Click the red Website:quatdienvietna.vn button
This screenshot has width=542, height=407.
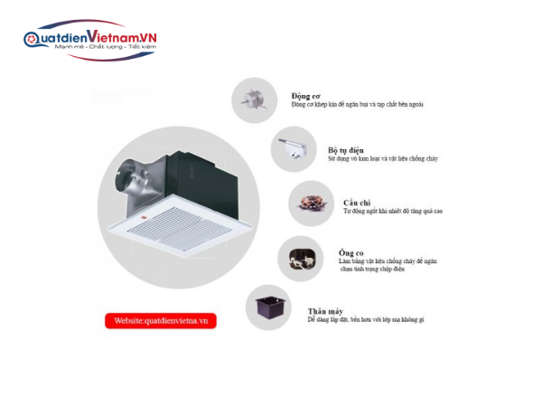pos(161,320)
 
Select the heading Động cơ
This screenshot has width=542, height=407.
pos(305,95)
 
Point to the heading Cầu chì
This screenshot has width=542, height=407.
pos(332,202)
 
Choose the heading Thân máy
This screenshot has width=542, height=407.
pos(324,310)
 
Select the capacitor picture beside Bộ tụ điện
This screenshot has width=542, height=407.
pos(292,150)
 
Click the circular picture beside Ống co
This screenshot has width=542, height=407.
pos(300,258)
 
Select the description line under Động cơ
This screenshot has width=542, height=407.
pos(357,105)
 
